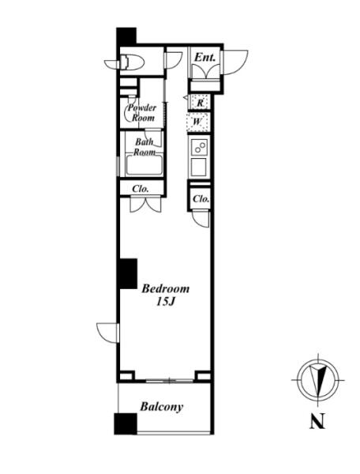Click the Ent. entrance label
(204, 57)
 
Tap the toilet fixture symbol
(132, 62)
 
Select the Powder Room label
(141, 112)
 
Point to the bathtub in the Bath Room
(144, 165)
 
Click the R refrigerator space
(200, 102)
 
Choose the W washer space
(198, 122)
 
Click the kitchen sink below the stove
(198, 167)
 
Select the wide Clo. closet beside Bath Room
(141, 189)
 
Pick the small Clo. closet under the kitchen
(201, 198)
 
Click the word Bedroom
(166, 288)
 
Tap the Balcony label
(162, 407)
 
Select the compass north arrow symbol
(317, 380)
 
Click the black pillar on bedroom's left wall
(129, 273)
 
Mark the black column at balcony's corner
(126, 423)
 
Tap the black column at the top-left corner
(126, 36)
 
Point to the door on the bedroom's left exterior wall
(108, 333)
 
